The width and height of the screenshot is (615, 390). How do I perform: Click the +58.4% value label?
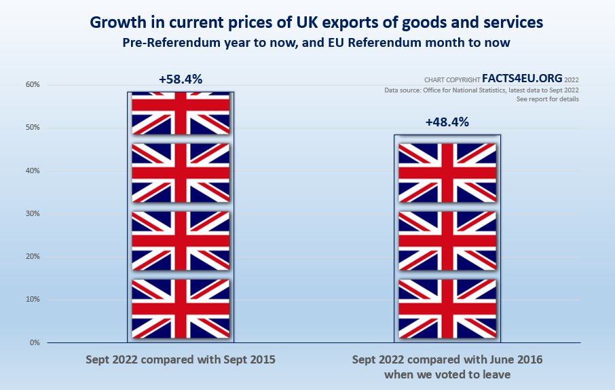[181, 79]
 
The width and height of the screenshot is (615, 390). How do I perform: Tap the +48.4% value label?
[447, 122]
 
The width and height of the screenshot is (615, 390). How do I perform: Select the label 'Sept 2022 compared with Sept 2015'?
[181, 359]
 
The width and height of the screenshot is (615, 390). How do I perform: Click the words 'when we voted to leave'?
[447, 374]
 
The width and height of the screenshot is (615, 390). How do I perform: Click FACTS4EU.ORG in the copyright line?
[522, 78]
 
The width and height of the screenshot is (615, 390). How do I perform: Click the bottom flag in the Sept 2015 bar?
[181, 308]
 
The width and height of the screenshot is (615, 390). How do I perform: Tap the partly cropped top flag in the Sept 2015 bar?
[181, 113]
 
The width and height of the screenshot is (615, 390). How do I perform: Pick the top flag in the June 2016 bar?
[447, 173]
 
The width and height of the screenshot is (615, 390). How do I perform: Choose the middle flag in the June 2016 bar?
[447, 241]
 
